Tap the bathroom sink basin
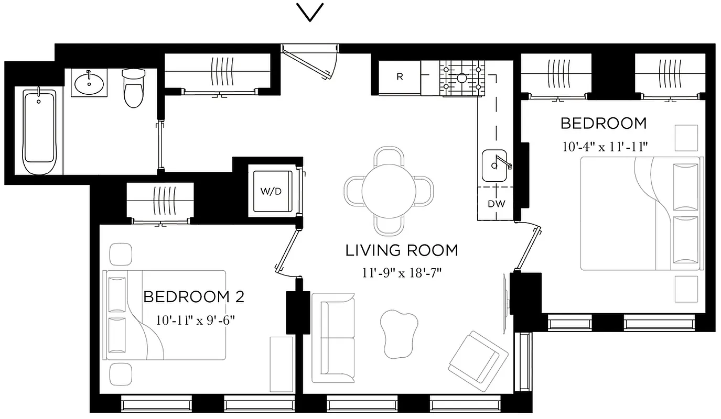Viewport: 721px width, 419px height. coord(89,83)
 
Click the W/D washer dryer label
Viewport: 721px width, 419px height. coord(271,191)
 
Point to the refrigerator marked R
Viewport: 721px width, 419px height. coord(400,77)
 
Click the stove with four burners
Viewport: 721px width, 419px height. coord(461,78)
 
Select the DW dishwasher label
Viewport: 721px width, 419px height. coord(496,204)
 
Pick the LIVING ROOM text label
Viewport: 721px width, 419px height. coord(401,250)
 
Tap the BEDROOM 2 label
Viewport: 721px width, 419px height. coord(193,297)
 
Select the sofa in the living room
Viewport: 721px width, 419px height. coord(332,338)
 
